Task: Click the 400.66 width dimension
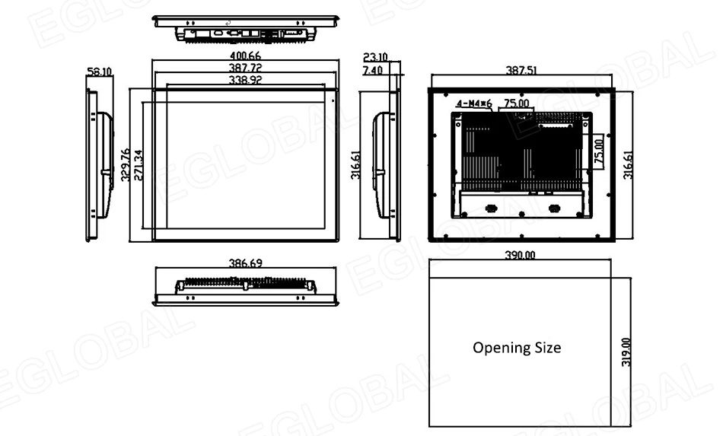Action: point(244,56)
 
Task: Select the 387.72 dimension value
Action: point(244,68)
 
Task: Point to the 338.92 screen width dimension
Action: point(244,80)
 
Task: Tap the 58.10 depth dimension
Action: point(100,72)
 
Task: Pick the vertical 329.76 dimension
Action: point(125,165)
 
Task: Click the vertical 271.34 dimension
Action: point(138,165)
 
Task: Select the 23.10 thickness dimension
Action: point(376,57)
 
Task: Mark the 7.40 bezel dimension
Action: point(373,70)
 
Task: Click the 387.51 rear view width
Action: point(521,70)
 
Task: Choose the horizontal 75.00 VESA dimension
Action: point(517,103)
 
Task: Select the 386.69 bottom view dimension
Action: point(246,263)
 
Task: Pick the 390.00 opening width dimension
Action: point(521,256)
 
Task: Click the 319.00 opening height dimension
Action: point(626,352)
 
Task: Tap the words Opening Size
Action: point(517,348)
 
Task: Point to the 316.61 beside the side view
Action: point(355,165)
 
